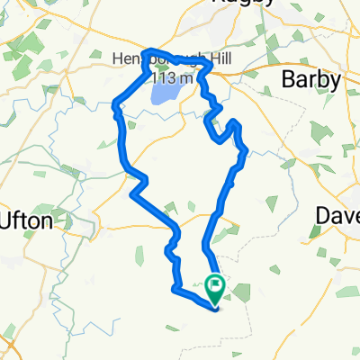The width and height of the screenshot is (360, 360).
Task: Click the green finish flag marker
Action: [216, 289]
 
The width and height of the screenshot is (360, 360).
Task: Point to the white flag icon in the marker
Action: [216, 285]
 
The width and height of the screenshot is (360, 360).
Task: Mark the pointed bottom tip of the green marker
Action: [216, 305]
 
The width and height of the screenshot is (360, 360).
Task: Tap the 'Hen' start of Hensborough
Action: [126, 60]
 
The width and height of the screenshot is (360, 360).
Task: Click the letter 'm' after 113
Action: [187, 78]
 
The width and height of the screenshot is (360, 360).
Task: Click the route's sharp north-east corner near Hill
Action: [211, 64]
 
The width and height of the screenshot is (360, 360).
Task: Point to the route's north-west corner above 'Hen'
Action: [148, 50]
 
